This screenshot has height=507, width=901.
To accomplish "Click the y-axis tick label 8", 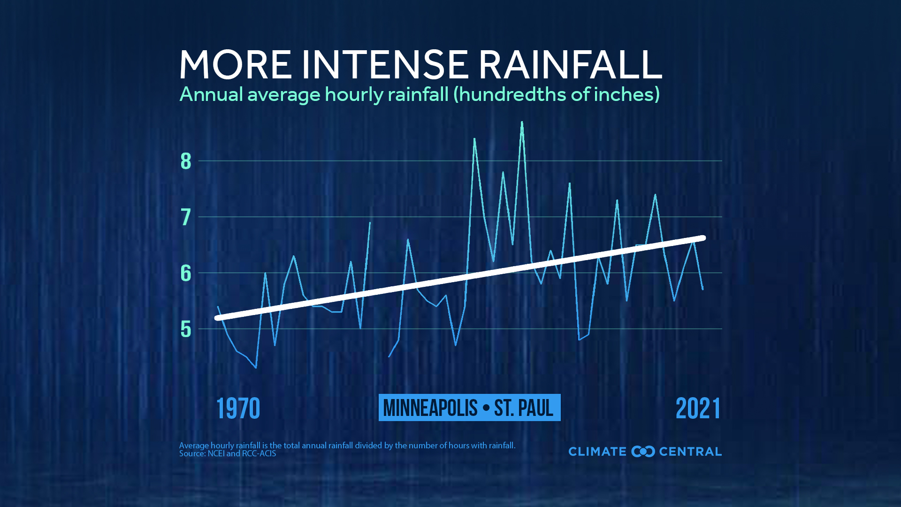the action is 186,161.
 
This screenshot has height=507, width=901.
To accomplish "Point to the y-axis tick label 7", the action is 186,217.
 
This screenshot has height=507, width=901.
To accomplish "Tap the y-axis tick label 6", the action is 186,273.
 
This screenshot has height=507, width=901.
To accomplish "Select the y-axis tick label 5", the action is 186,329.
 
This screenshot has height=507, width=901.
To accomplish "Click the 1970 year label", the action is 238,408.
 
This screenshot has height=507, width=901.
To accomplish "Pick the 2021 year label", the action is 698,408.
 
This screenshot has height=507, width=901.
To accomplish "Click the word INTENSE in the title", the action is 385,64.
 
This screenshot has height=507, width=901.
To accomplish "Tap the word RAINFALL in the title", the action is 570,64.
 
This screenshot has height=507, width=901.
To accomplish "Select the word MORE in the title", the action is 236,64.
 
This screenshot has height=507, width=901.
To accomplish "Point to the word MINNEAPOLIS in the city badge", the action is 430,407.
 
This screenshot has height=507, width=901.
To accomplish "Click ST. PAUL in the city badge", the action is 524,407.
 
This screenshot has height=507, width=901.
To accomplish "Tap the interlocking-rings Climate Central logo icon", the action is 643,452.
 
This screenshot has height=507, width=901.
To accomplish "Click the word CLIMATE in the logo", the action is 597,452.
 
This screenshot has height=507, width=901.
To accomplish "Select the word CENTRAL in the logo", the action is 690,452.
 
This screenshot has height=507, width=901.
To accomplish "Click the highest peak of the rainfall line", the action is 522,122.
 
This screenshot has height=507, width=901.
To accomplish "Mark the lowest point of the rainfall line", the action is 256,368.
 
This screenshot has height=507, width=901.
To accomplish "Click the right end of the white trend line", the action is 703,238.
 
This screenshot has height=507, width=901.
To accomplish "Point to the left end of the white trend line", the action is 217,318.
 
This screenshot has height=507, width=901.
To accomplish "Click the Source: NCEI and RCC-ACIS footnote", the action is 228,453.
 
